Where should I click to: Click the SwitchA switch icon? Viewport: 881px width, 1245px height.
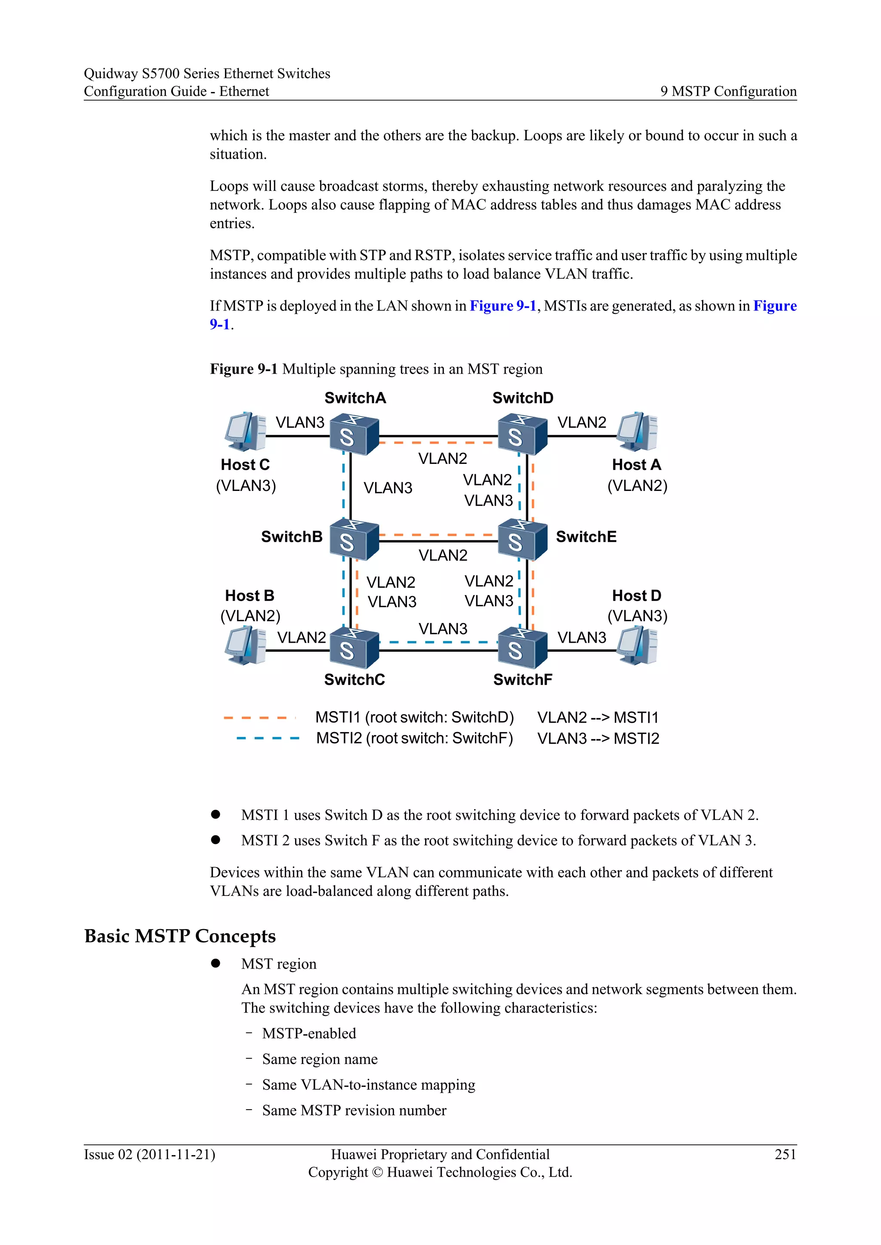pos(354,434)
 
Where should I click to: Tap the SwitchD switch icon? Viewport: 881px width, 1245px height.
pos(522,434)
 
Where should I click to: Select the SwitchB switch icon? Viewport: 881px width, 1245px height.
pos(354,539)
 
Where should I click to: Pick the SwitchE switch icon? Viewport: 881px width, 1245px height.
pos(522,539)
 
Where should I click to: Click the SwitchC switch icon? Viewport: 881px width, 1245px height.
pos(354,647)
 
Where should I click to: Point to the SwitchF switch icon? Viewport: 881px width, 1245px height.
pos(522,647)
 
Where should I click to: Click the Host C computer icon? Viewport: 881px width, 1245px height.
pos(246,432)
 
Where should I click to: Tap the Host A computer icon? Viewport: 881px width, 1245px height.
pos(638,432)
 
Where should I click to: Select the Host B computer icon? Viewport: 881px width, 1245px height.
pos(246,645)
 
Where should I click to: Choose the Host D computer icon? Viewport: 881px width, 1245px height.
pos(638,645)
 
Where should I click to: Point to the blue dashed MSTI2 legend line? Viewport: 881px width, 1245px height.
pos(268,738)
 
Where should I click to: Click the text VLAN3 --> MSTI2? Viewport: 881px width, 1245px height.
pos(598,739)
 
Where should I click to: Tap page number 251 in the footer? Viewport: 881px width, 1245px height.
pos(785,1154)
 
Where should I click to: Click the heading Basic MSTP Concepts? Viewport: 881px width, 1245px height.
pos(180,936)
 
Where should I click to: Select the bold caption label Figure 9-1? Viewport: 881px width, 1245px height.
pos(243,369)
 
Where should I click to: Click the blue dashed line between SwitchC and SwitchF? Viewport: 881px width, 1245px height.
pos(438,642)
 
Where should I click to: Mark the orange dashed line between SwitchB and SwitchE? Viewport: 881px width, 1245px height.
pos(438,535)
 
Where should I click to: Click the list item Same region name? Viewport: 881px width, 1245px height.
pos(320,1059)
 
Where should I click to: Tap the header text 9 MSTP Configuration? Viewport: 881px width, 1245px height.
pos(728,91)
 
